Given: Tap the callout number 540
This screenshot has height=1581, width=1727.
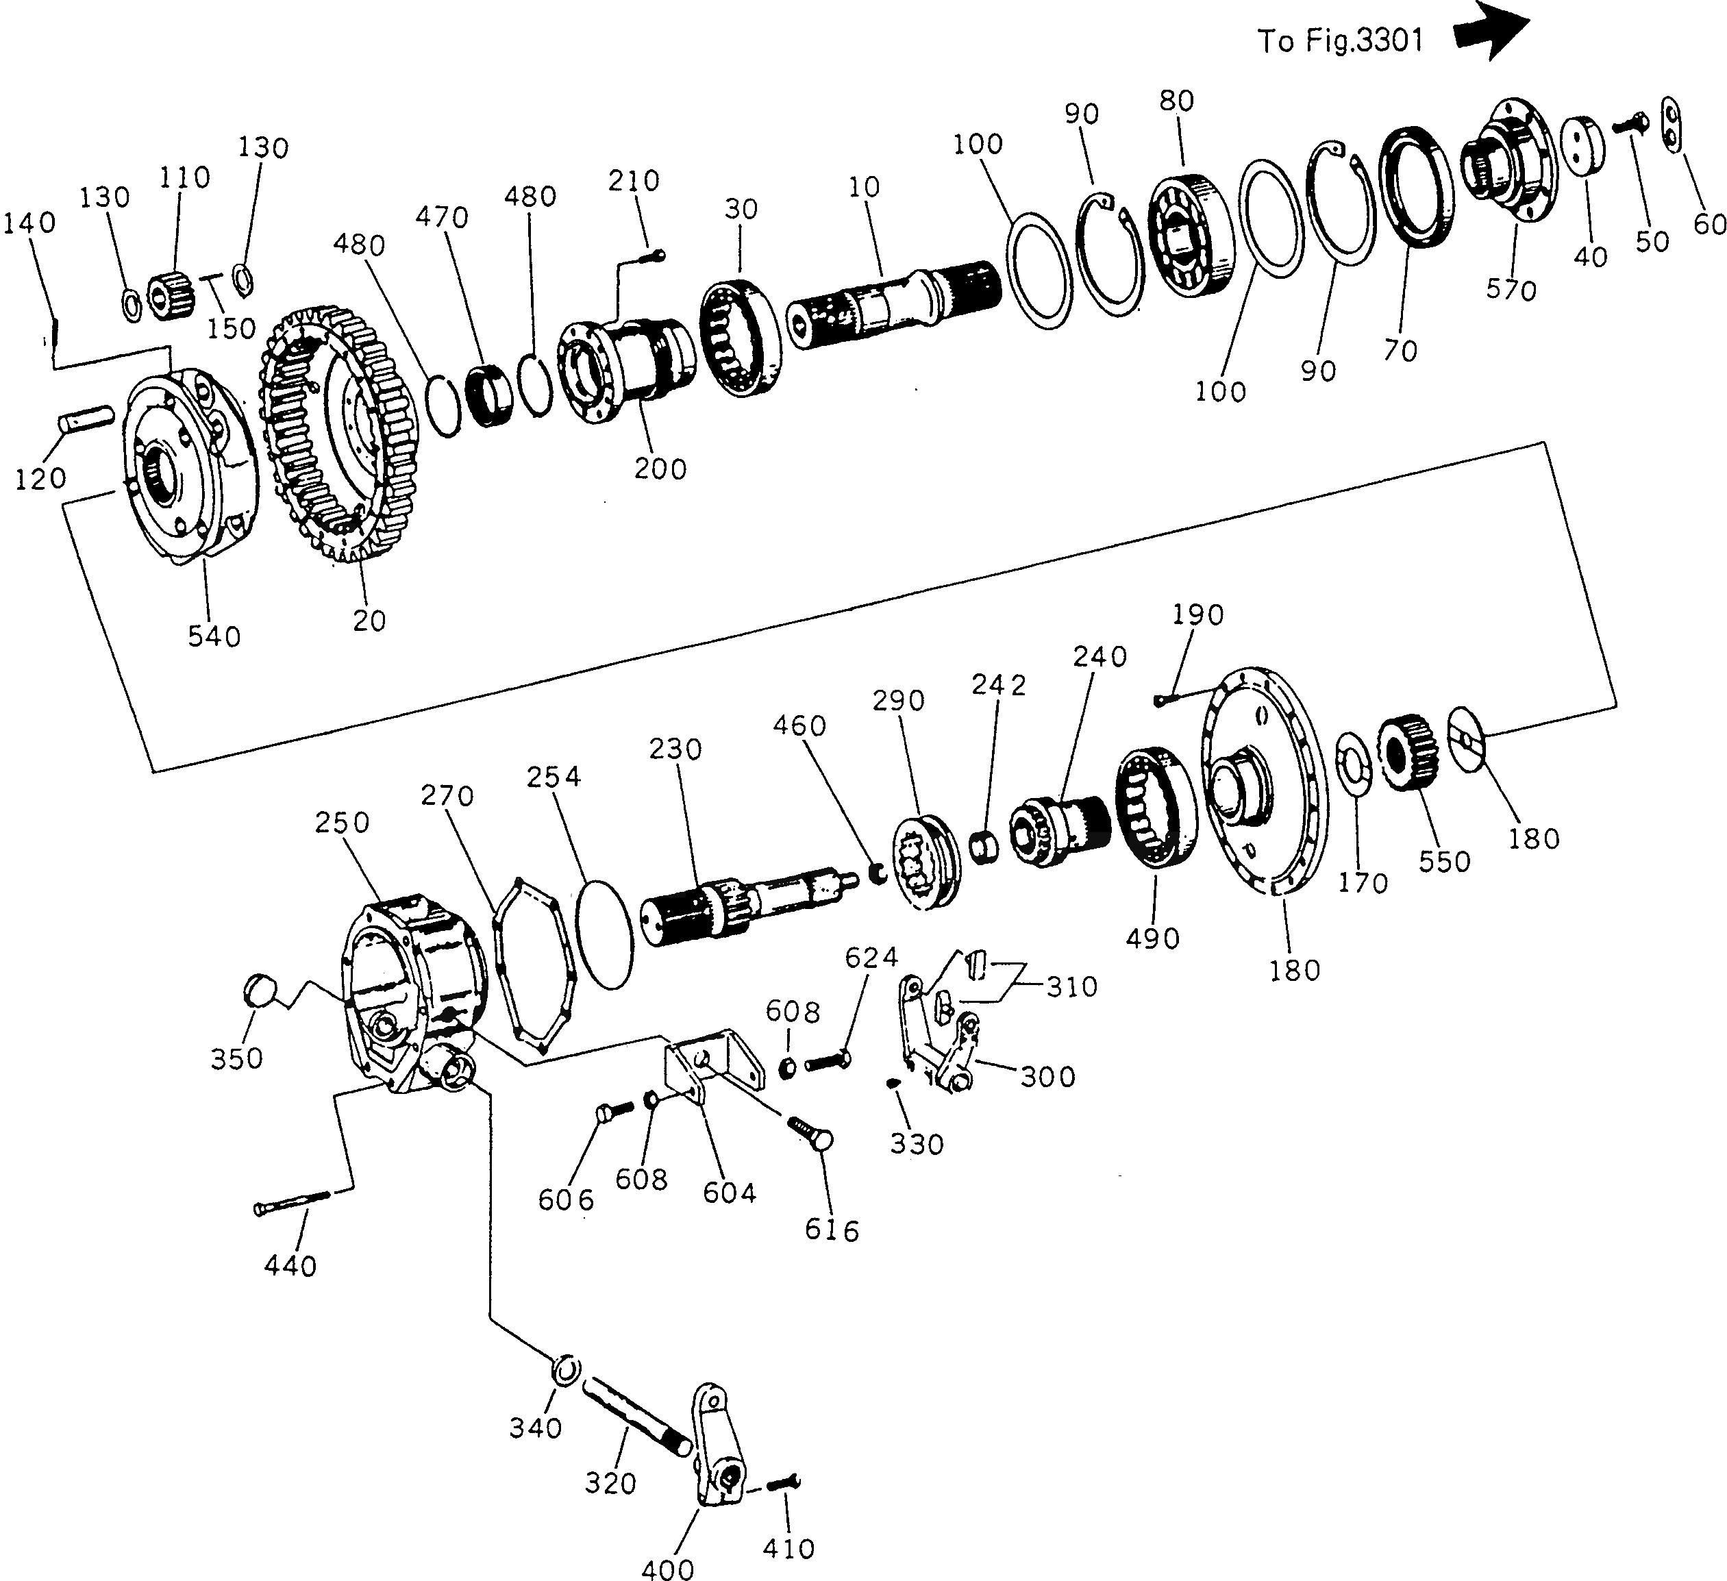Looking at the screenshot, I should click(214, 636).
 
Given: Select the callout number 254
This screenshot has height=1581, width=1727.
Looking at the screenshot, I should click(554, 777).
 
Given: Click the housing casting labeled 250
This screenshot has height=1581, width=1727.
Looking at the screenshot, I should click(411, 985).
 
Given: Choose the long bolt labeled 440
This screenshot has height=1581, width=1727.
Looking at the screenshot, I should click(291, 1201).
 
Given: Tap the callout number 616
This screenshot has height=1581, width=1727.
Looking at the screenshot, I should click(831, 1231).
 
